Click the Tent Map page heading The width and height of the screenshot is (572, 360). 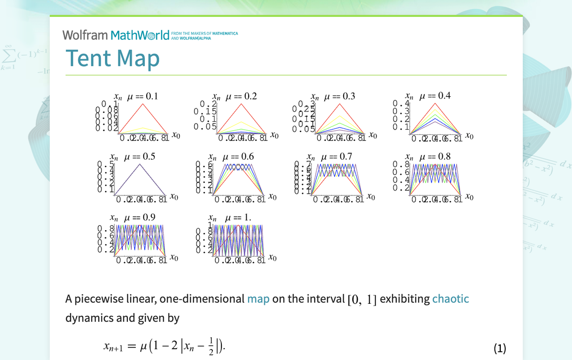coord(112,58)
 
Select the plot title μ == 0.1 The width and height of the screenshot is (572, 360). coord(143,96)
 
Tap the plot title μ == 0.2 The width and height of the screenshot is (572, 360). coord(241,96)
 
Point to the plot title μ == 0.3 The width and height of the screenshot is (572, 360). coord(340,96)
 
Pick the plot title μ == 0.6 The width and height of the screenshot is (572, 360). coord(238,157)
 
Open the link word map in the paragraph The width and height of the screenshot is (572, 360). coord(258,299)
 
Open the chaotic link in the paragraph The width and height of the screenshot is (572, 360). coord(450,299)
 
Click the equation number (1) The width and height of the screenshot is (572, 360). coord(499,348)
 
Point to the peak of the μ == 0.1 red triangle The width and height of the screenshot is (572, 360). coord(143,104)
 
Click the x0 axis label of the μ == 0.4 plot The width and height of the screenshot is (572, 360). coord(468,136)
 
